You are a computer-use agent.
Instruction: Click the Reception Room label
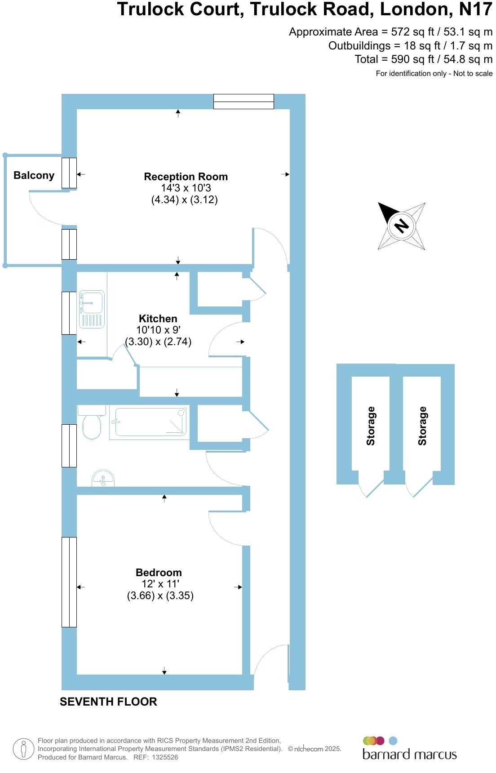coord(186,177)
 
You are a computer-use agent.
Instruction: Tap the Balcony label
coord(34,175)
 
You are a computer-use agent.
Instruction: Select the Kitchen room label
coord(158,319)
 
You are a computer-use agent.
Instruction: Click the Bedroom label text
coord(159,573)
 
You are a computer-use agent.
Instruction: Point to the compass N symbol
coord(401,225)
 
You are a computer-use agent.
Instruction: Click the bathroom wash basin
coord(103,479)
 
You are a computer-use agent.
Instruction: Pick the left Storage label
coord(371,426)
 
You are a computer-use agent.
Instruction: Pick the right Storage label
coord(422,426)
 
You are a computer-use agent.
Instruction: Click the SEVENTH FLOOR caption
coord(108,702)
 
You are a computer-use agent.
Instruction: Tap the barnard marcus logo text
coord(409,754)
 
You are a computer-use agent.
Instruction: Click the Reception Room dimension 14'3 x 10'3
coord(186,188)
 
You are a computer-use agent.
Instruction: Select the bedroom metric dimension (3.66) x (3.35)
coord(160,596)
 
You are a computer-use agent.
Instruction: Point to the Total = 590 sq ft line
coord(423,59)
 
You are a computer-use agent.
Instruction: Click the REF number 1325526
coord(165,757)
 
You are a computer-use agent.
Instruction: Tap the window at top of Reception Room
coord(244,102)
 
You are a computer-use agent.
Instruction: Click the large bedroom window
coord(69,582)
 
